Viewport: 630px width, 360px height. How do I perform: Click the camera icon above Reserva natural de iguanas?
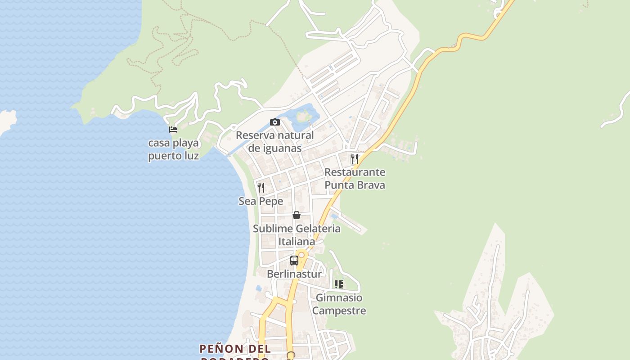coord(274,122)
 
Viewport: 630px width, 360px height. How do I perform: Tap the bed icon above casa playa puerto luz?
coord(173,130)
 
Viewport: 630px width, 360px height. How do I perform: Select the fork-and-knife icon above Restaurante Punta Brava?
coord(355,158)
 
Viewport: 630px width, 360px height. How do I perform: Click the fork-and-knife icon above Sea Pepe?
coord(261,187)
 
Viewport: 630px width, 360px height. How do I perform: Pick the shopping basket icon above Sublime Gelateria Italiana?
coord(296,215)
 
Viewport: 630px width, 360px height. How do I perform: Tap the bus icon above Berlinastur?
coord(294,260)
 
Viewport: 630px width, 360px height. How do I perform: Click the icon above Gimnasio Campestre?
coord(339,284)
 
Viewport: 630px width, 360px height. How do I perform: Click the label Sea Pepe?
coord(261,201)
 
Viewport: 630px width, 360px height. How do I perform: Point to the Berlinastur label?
coord(294,274)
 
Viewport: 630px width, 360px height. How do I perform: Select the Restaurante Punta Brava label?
coord(355,179)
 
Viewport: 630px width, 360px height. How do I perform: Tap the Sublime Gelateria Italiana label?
coord(297,235)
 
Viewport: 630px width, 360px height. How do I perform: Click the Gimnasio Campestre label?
coord(339,304)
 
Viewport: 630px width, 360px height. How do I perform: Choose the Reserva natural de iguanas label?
coord(274,141)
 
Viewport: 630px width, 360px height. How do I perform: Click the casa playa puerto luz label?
coord(174,149)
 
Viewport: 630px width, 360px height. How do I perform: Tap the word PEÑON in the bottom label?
coord(215,349)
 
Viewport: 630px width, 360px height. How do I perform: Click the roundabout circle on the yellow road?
coord(301,255)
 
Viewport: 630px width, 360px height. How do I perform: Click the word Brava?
coord(370,185)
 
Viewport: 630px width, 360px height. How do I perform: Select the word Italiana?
coord(297,242)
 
